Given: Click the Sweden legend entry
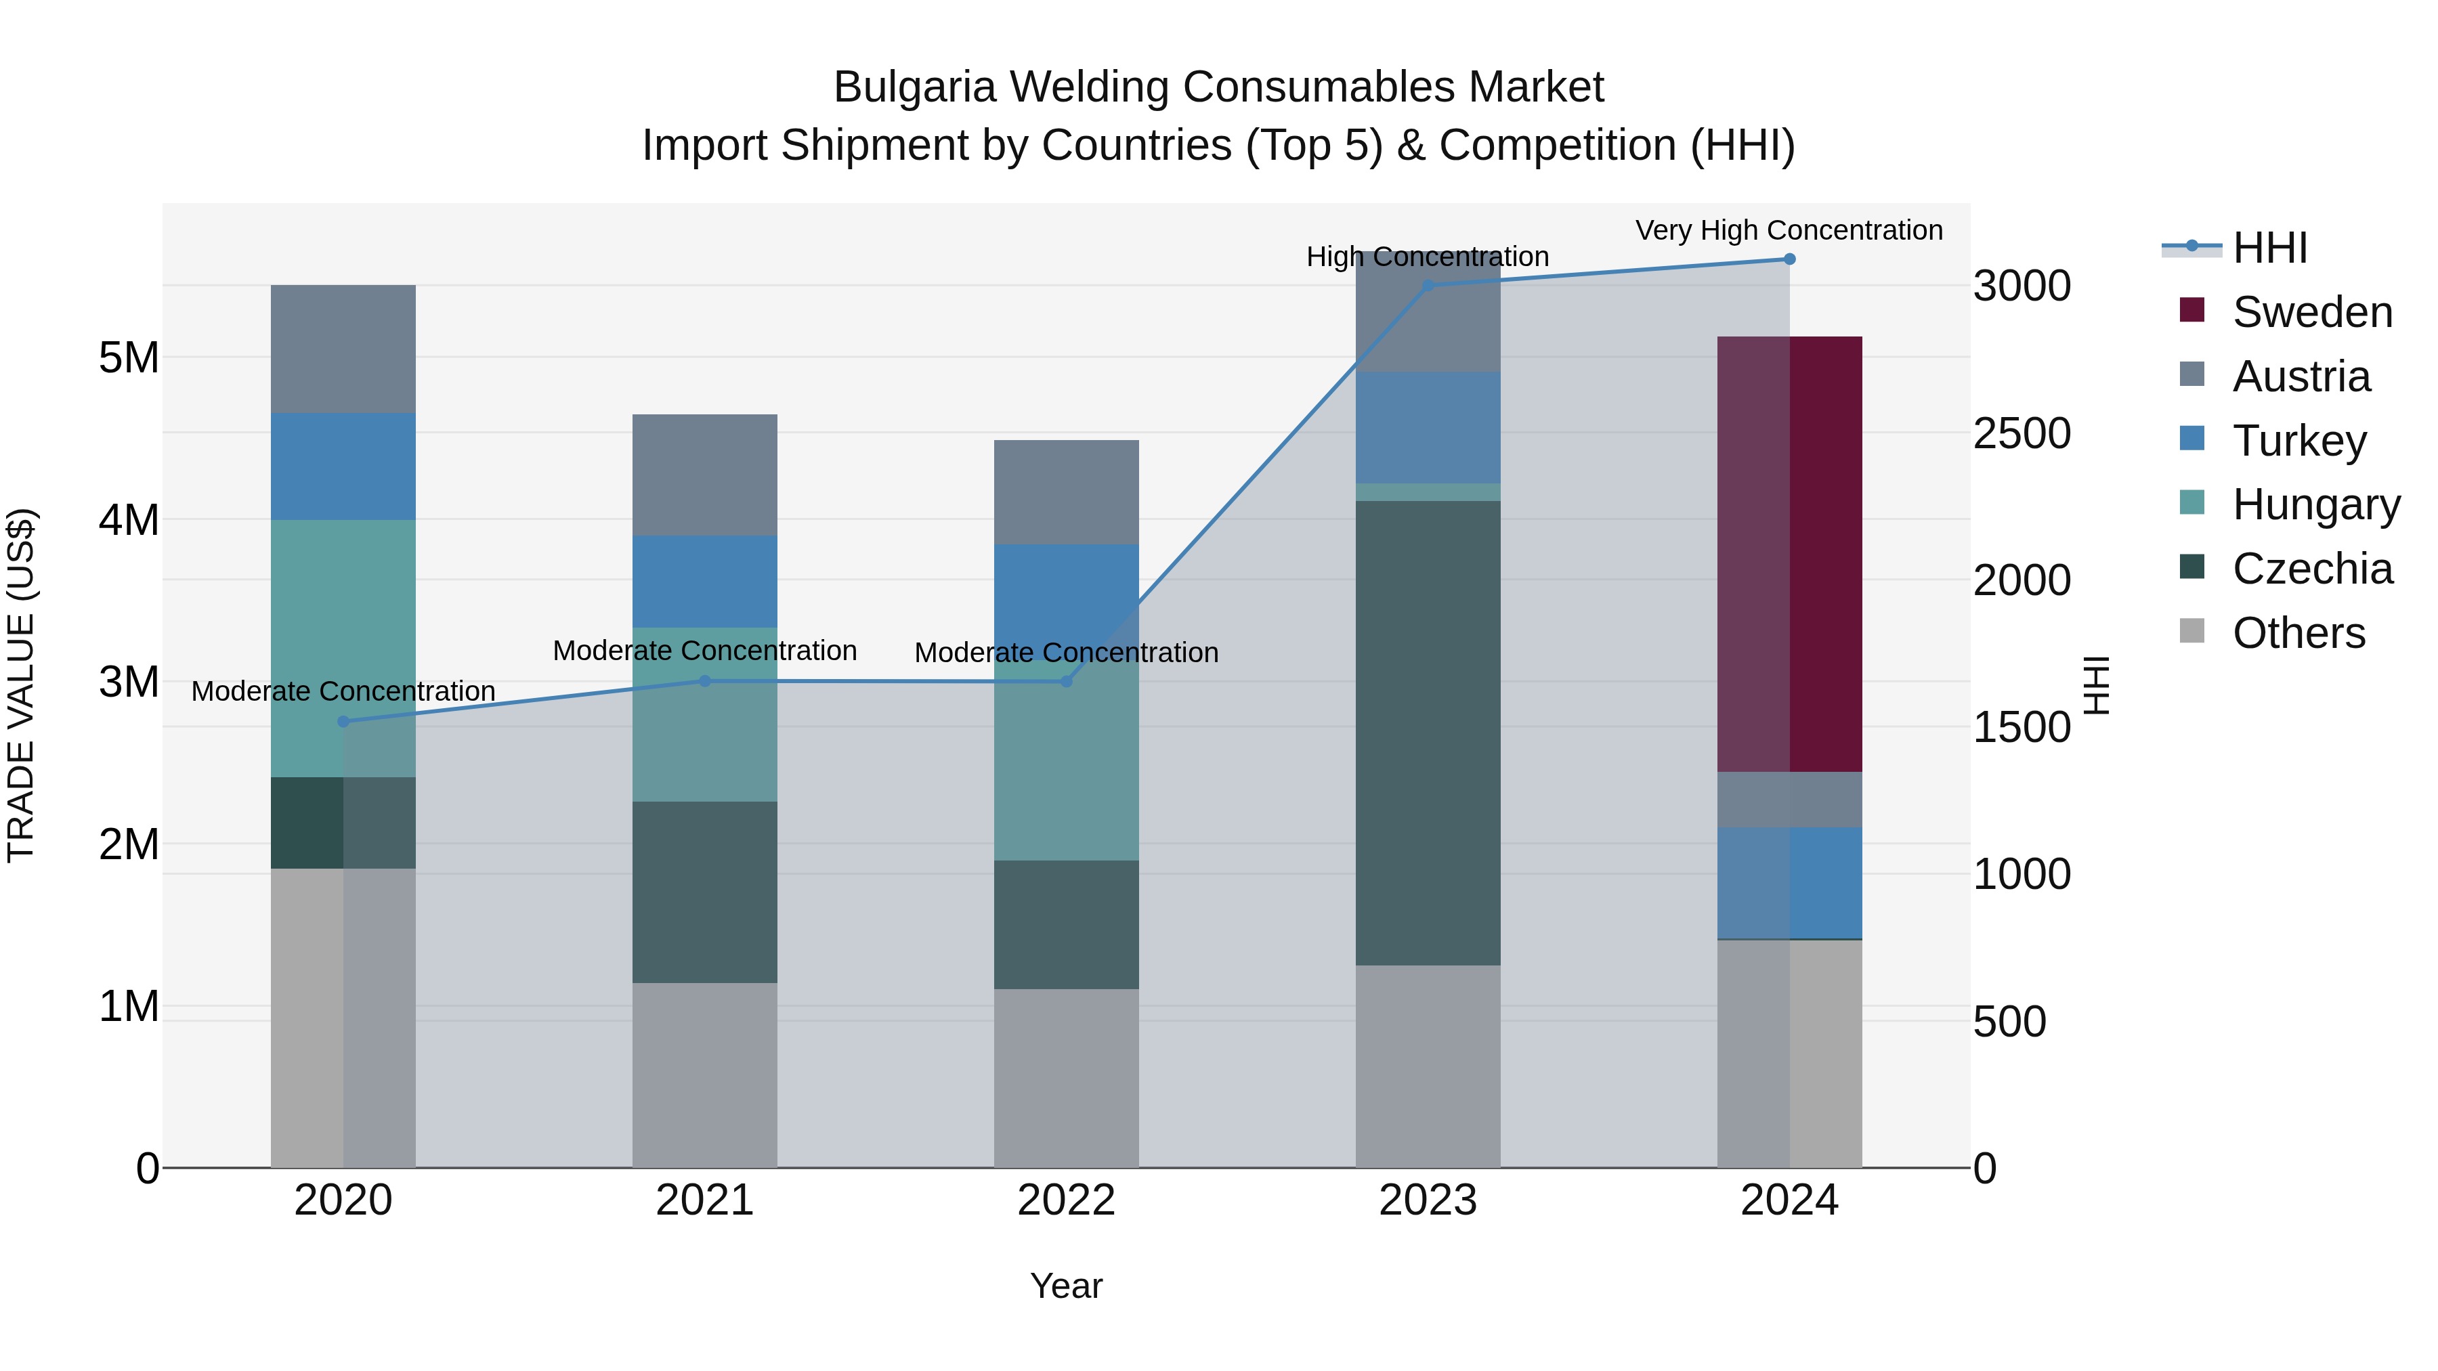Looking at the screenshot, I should coord(2311,312).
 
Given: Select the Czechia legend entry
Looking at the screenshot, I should coord(2311,569).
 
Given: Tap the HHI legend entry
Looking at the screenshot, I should coord(2269,248).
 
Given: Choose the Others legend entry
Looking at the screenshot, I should coord(2298,633).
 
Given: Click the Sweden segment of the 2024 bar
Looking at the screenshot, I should coord(1789,554).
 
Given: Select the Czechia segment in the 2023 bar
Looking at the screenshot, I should coord(1427,733).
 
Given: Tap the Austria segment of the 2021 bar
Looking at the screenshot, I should coord(704,475).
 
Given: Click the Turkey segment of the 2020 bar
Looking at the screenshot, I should coord(343,466).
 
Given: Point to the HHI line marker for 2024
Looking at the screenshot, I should coord(1789,259).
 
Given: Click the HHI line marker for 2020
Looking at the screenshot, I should coord(343,721).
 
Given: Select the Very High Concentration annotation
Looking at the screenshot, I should coord(1788,230).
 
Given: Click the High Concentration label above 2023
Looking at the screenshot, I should coord(1426,257).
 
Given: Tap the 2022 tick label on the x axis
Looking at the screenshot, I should coord(1066,1200).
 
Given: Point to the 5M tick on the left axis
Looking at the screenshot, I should coord(129,357).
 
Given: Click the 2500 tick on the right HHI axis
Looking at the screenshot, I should coord(2021,433).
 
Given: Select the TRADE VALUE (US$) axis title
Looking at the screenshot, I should coord(21,685).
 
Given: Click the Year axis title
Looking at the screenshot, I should coord(1066,1286).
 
